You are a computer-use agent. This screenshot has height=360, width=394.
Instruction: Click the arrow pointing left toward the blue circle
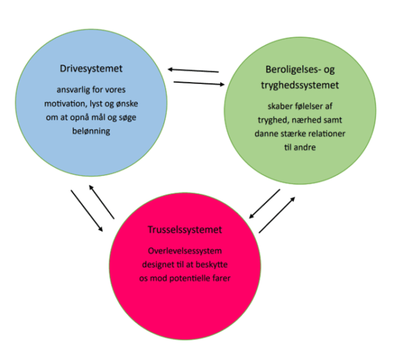[192, 70]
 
